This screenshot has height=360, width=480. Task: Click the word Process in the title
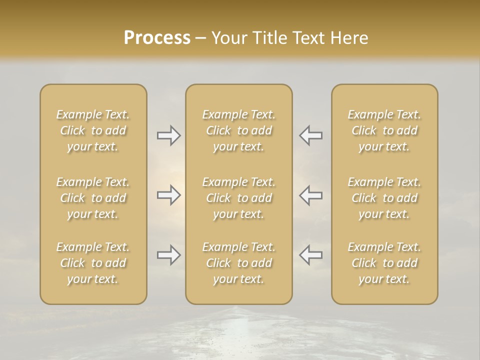[x=157, y=38]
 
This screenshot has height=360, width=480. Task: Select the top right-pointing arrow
[x=168, y=135]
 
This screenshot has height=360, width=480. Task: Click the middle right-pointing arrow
[x=168, y=195]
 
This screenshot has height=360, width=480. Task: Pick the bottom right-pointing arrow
[x=168, y=255]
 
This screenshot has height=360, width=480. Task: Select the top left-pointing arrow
[x=311, y=135]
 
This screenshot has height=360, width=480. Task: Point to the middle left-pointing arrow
[x=311, y=195]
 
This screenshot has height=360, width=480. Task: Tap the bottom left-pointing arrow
[x=311, y=255]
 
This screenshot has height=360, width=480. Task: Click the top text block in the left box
[x=93, y=130]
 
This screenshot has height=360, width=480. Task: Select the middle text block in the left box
[x=93, y=198]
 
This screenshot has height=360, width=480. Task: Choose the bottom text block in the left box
[x=93, y=263]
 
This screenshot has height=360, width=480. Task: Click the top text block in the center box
[x=239, y=130]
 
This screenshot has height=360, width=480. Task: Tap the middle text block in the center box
[x=239, y=198]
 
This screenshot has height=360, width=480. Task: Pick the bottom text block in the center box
[x=239, y=263]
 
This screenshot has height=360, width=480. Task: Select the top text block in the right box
[x=384, y=130]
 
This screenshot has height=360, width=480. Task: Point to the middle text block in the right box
[x=384, y=198]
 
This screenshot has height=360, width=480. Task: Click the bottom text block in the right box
[x=384, y=263]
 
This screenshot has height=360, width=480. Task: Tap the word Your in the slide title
[x=228, y=38]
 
